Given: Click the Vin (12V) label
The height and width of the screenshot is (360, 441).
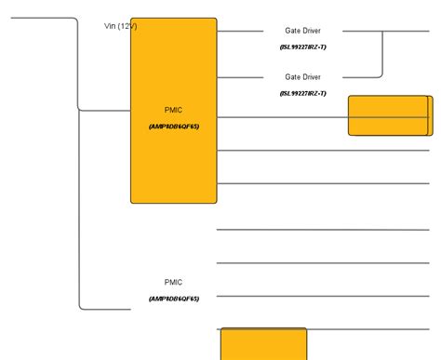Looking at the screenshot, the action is pyautogui.click(x=120, y=26).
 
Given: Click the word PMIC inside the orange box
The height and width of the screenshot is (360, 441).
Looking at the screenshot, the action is pyautogui.click(x=173, y=110).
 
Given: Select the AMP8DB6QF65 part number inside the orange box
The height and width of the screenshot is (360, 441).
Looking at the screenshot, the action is pyautogui.click(x=173, y=127).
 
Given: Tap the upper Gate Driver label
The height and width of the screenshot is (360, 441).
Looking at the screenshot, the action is pyautogui.click(x=302, y=31).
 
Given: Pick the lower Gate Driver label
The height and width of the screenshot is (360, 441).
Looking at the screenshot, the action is pyautogui.click(x=302, y=77).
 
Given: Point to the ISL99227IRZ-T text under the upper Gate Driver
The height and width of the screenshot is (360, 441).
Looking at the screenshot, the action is pyautogui.click(x=302, y=47).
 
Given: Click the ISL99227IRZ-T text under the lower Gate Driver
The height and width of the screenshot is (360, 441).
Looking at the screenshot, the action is pyautogui.click(x=302, y=93).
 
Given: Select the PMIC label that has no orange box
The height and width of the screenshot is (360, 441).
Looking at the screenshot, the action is pyautogui.click(x=173, y=282).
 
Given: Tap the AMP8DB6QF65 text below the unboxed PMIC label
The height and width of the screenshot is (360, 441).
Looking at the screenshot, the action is pyautogui.click(x=173, y=299).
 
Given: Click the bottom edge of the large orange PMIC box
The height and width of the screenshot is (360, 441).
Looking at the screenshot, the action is pyautogui.click(x=173, y=202).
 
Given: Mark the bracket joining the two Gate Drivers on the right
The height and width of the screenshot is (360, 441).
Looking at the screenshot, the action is pyautogui.click(x=381, y=54).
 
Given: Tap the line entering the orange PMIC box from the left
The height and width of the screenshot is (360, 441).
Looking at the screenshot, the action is pyautogui.click(x=104, y=110).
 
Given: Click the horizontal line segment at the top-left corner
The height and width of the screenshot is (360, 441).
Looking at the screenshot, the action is pyautogui.click(x=37, y=18).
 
